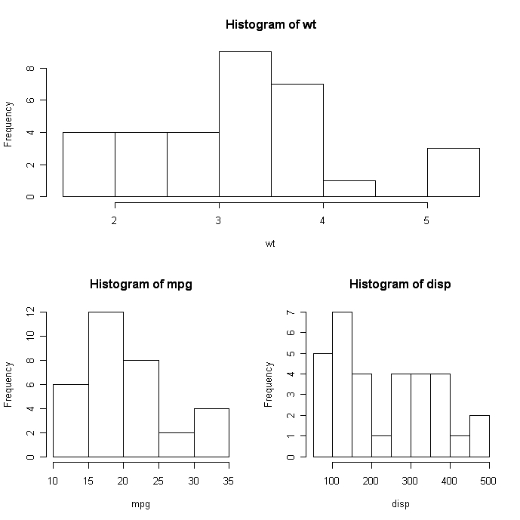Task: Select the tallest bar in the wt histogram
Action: pyautogui.click(x=245, y=124)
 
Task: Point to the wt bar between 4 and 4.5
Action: pyautogui.click(x=349, y=189)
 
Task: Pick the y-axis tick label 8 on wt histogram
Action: pyautogui.click(x=30, y=68)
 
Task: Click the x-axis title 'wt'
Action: pyautogui.click(x=270, y=243)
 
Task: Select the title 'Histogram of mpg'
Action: pyautogui.click(x=140, y=285)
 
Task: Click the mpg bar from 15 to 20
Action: pyautogui.click(x=106, y=384)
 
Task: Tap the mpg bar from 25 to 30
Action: pyautogui.click(x=176, y=445)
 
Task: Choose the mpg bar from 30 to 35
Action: pyautogui.click(x=211, y=432)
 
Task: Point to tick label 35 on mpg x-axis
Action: pyautogui.click(x=229, y=480)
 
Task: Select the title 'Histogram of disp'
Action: pyautogui.click(x=400, y=285)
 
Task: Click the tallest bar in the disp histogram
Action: pyautogui.click(x=342, y=384)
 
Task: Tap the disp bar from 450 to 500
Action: pyautogui.click(x=479, y=436)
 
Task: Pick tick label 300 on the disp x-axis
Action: pyautogui.click(x=411, y=480)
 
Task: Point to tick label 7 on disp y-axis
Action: pyautogui.click(x=291, y=312)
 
